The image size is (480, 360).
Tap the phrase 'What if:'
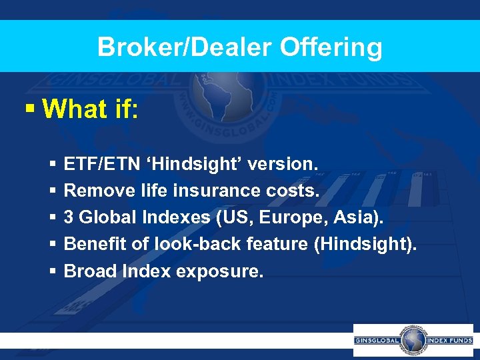point(90,109)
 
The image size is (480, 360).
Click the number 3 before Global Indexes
point(69,217)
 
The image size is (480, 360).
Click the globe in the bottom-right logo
point(412,340)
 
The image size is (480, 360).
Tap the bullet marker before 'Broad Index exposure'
point(52,271)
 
